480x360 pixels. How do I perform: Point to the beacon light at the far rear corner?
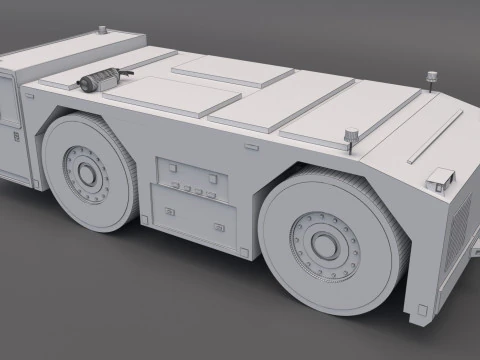432,76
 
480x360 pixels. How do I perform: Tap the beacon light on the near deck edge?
350,133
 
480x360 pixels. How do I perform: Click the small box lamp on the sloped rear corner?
438,178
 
